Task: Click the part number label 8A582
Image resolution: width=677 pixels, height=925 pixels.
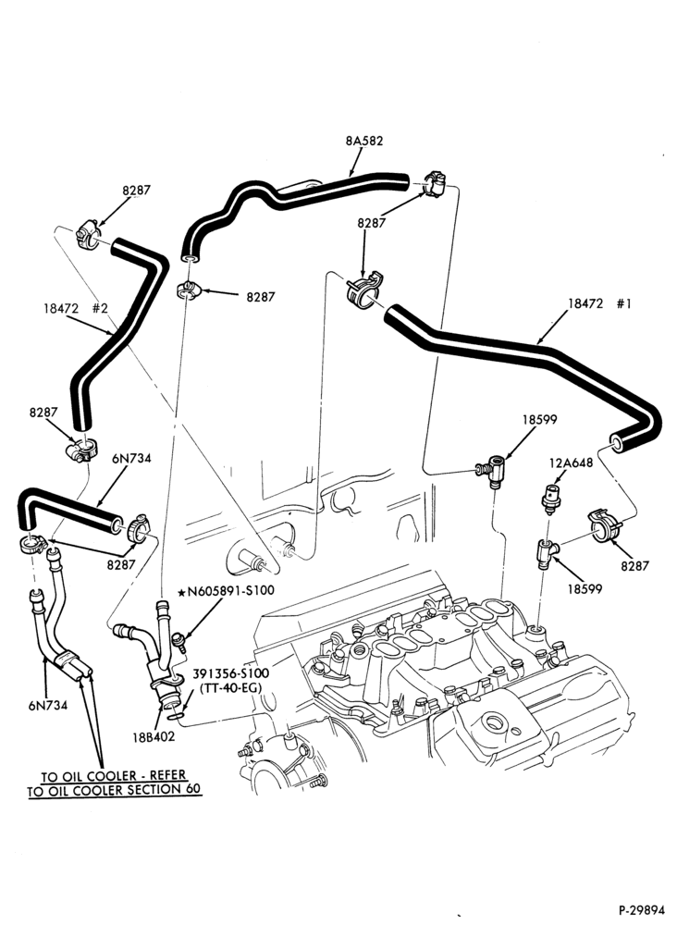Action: tap(364, 141)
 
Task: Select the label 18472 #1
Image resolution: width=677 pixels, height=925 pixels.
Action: tap(599, 303)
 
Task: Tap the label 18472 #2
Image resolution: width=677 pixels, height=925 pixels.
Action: tap(75, 308)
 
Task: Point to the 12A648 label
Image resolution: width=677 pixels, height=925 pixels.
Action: tap(571, 463)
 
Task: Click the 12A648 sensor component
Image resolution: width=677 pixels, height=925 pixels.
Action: tap(551, 499)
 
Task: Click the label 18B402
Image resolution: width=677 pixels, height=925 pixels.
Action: tap(154, 737)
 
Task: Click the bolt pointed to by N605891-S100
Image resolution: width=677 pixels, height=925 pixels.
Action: tap(178, 641)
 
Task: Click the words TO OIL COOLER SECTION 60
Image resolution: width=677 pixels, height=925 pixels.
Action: tap(114, 790)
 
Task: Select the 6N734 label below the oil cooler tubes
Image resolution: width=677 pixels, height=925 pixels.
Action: tap(48, 704)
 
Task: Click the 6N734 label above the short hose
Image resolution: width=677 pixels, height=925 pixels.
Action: tap(131, 459)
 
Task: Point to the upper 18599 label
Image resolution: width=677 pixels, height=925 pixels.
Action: tap(539, 419)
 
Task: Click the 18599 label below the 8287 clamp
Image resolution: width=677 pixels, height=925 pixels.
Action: tap(584, 588)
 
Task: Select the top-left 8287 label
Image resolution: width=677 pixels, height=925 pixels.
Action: tap(136, 190)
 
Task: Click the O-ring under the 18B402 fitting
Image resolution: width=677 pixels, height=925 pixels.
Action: tap(175, 716)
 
